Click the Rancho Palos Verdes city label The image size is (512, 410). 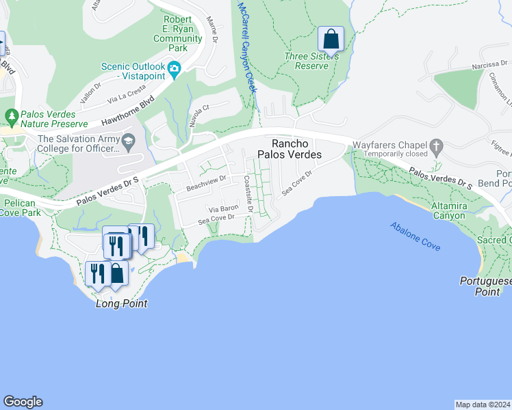296,149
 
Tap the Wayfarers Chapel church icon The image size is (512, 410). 435,146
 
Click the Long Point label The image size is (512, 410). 122,303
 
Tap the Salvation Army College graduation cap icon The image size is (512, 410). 127,141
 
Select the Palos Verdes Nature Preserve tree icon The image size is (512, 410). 11,115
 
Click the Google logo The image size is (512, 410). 23,402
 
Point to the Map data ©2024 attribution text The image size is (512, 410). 483,405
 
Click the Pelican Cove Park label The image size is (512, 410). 20,208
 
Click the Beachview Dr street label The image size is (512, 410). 206,182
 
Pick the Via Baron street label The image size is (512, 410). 225,206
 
